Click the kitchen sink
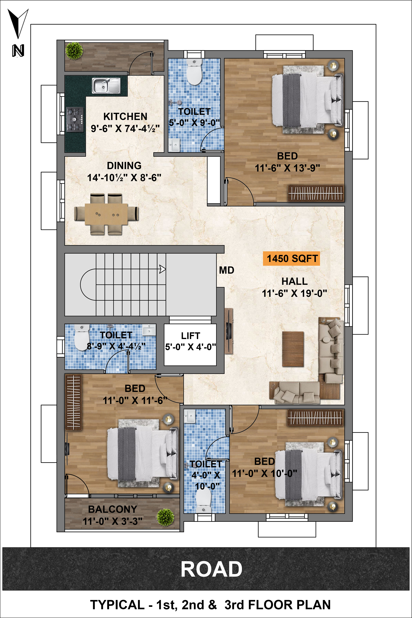pyautogui.click(x=106, y=85)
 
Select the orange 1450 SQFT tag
pyautogui.click(x=291, y=259)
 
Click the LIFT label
pyautogui.click(x=191, y=336)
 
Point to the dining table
pyautogui.click(x=106, y=214)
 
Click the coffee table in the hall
pyautogui.click(x=293, y=349)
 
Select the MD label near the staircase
pyautogui.click(x=226, y=270)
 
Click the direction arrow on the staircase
pyautogui.click(x=162, y=269)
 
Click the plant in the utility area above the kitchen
pyautogui.click(x=74, y=51)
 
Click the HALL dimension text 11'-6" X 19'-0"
pyautogui.click(x=294, y=293)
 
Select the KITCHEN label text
pyautogui.click(x=125, y=116)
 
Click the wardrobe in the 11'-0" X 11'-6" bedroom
pyautogui.click(x=73, y=402)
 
